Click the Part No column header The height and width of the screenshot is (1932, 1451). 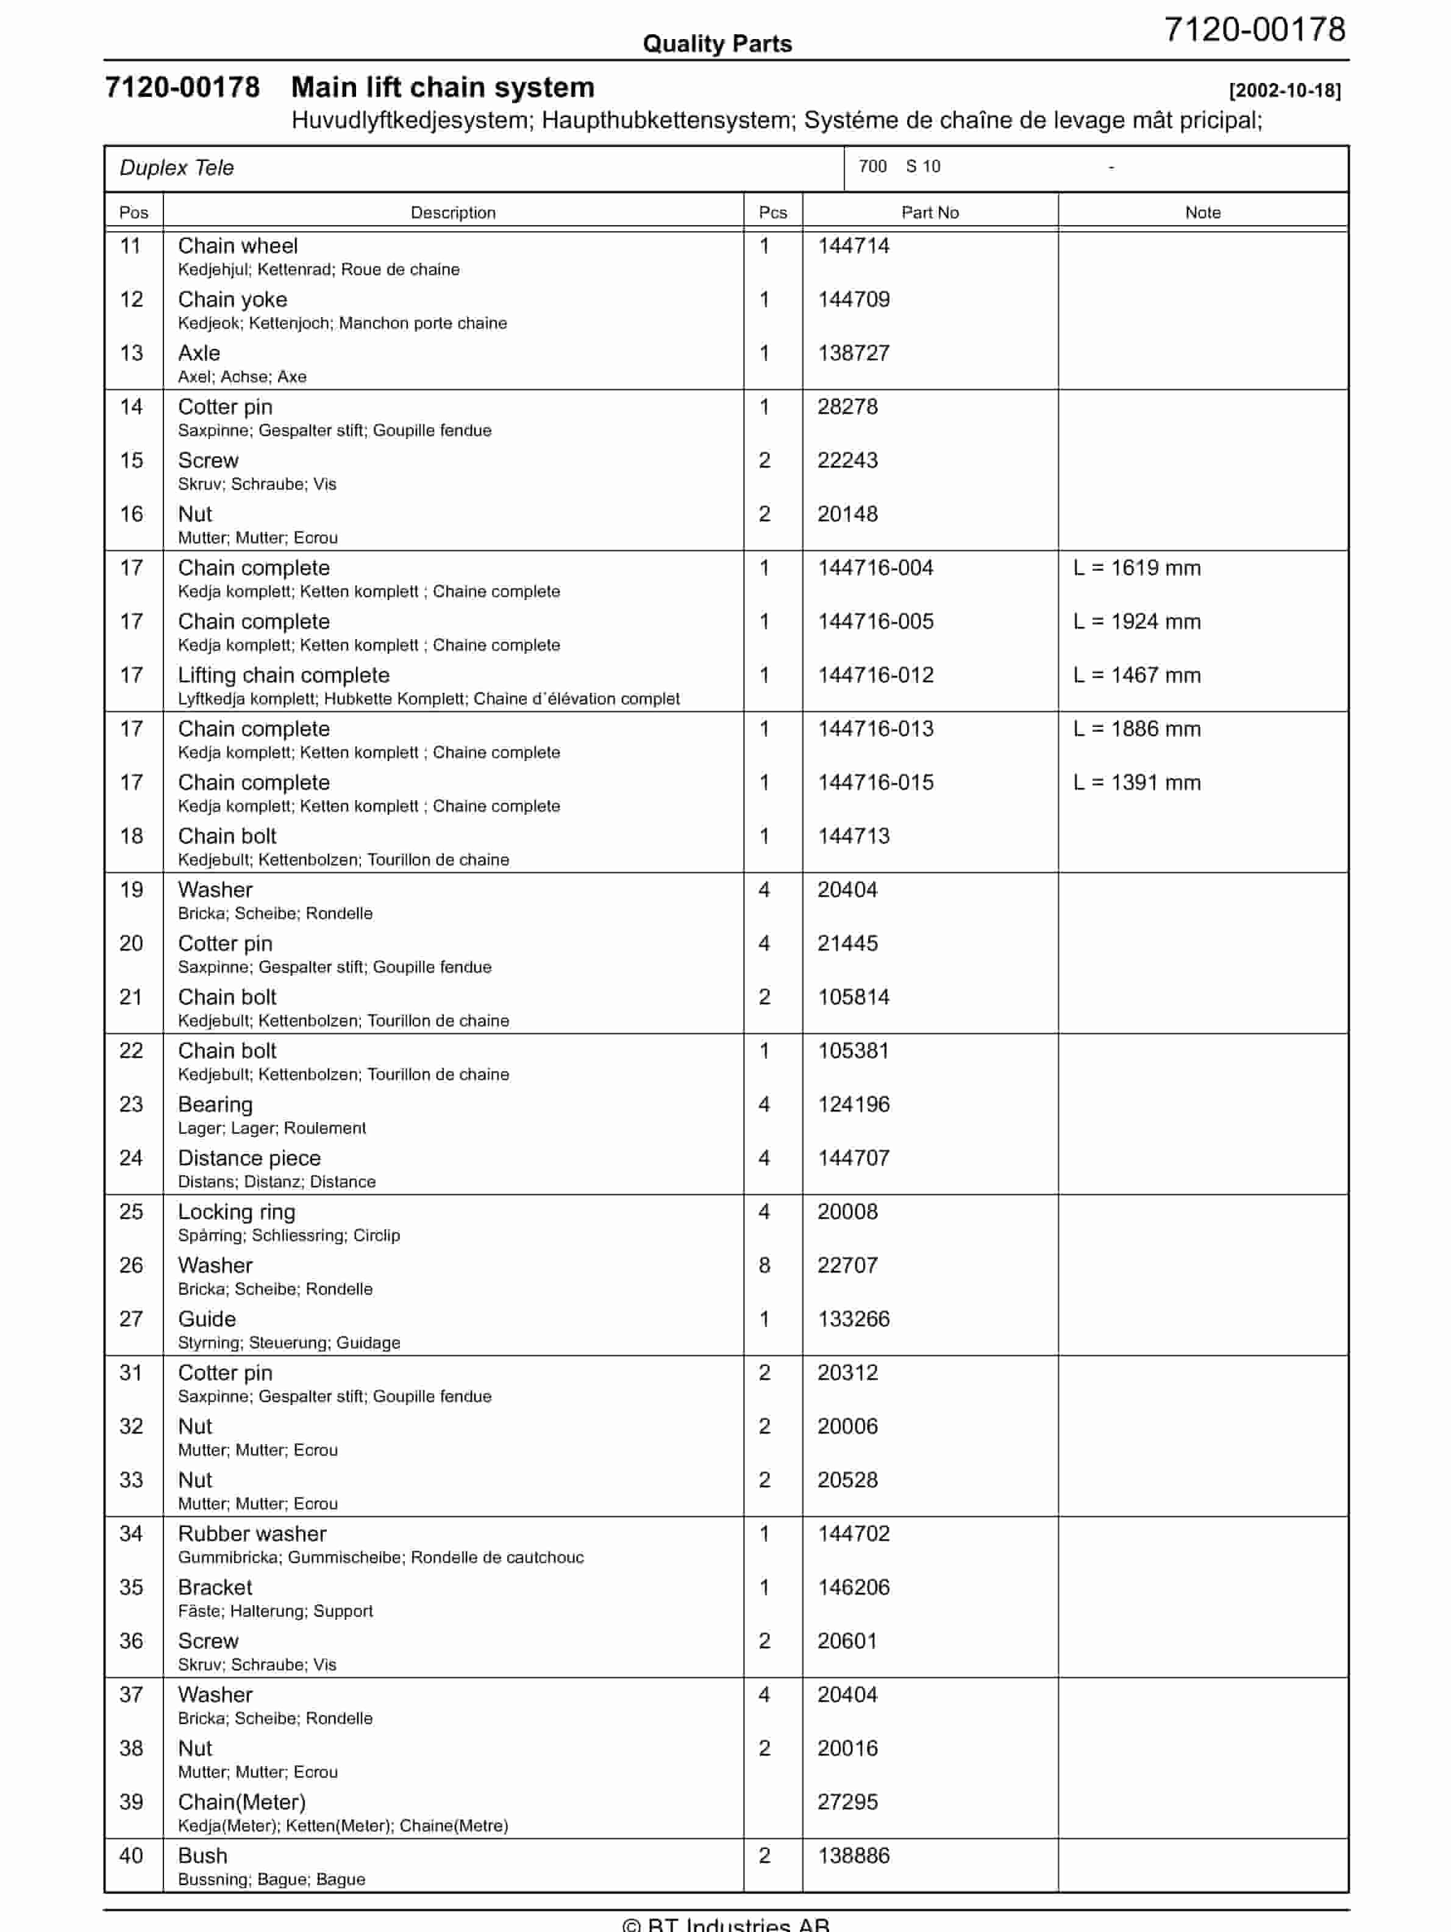click(930, 212)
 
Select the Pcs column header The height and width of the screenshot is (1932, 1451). click(772, 212)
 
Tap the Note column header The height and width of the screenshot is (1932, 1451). click(1202, 212)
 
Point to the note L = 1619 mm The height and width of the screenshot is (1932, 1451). click(1136, 568)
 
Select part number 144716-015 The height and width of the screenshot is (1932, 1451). click(875, 782)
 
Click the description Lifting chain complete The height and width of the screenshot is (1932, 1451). click(283, 675)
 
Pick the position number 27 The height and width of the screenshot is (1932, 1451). click(131, 1319)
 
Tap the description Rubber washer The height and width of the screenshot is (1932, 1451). click(252, 1534)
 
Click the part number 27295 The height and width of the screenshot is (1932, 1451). click(847, 1802)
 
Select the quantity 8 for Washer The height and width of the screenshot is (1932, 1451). click(764, 1265)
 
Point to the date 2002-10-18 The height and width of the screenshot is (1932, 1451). click(1284, 91)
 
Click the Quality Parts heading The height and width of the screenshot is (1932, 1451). click(717, 44)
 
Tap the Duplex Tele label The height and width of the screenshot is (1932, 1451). click(176, 168)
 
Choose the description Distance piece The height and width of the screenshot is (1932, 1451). click(249, 1158)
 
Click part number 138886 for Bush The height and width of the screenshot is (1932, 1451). click(853, 1856)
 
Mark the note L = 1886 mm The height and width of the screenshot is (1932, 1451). click(1136, 729)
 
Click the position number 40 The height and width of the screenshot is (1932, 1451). click(131, 1856)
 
